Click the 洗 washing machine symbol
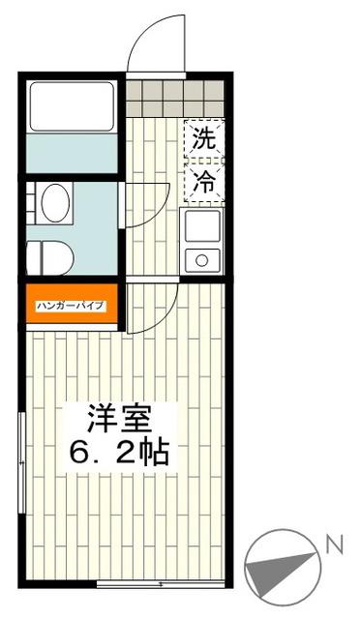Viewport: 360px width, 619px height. pyautogui.click(x=203, y=138)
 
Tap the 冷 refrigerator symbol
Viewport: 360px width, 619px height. pyautogui.click(x=203, y=180)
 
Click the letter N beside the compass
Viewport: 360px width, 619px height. pyautogui.click(x=334, y=545)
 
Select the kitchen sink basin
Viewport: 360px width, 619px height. pyautogui.click(x=203, y=229)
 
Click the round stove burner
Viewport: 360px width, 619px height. pyautogui.click(x=204, y=259)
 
